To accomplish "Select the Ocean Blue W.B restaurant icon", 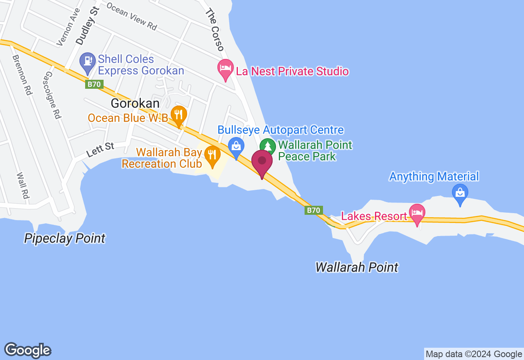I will coord(178,115).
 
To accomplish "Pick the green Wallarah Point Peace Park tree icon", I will coord(268,146).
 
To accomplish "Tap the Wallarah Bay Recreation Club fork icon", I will coord(212,155).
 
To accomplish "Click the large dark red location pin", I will coord(262,162).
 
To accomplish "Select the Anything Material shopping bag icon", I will coord(460,192).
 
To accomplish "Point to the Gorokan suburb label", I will coord(135,103).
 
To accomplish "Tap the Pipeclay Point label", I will coord(65,238).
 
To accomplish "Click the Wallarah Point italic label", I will coord(357,267).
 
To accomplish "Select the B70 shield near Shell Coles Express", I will coord(95,84).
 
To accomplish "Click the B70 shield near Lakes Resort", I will coord(314,210).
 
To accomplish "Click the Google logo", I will coord(28,350).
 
